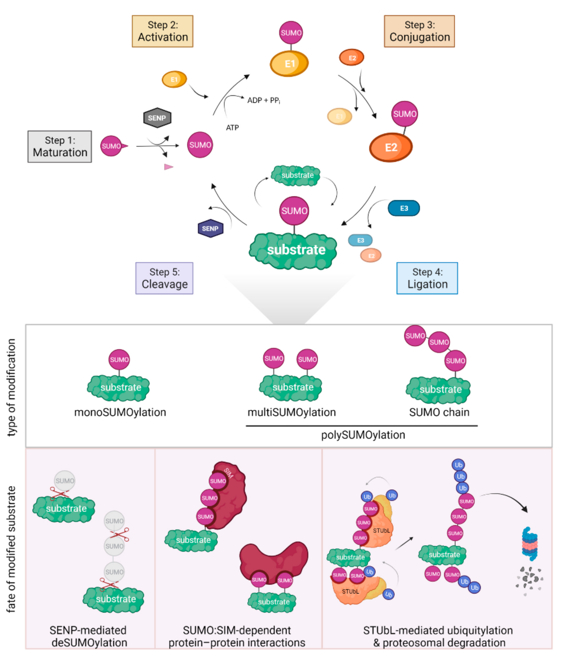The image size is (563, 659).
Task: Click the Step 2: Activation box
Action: coord(162,31)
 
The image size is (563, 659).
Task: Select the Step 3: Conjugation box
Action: coord(419,31)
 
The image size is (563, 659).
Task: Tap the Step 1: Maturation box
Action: coord(60,147)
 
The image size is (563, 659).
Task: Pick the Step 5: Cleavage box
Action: coord(164,278)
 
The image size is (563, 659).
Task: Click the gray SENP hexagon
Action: coord(157,118)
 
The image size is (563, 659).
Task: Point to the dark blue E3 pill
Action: coord(404,208)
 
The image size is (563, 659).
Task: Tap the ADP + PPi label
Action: coord(264,101)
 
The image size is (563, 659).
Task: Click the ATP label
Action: coord(232,128)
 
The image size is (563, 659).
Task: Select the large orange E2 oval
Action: coord(391,147)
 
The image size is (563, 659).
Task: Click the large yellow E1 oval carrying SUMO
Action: coord(289,64)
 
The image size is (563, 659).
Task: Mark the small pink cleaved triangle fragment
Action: coord(168,167)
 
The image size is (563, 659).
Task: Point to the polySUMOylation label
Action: coord(363,435)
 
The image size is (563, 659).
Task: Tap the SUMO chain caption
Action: coord(439,413)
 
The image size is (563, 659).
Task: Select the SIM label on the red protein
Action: coord(228,473)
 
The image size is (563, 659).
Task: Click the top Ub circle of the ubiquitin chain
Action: coord(458,465)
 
